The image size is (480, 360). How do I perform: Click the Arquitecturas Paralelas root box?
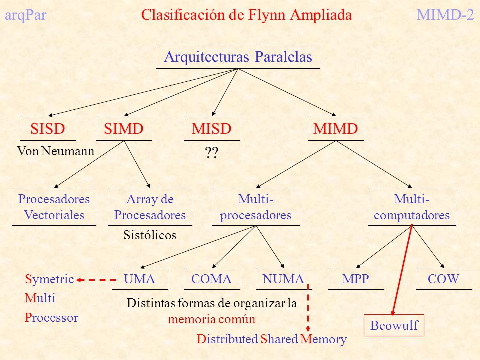(238, 56)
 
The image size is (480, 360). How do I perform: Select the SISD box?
(48, 128)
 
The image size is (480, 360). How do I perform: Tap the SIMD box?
(124, 128)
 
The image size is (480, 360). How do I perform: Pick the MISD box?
(212, 128)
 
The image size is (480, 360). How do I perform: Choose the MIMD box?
(336, 128)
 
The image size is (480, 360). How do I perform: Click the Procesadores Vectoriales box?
(54, 207)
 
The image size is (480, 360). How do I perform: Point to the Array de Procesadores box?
(150, 207)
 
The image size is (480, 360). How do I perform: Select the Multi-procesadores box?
(256, 207)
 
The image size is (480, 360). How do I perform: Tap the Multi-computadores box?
(412, 207)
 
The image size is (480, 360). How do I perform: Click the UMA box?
(140, 279)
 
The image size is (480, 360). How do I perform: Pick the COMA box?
(212, 279)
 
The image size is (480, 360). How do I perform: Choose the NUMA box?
(284, 279)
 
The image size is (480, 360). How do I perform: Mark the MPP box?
(356, 279)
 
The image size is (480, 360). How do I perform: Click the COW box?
(444, 279)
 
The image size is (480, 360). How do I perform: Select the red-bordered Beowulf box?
(394, 325)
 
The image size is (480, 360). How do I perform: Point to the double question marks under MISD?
(212, 152)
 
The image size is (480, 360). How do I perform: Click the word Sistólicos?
(150, 235)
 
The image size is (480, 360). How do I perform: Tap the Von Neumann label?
(55, 151)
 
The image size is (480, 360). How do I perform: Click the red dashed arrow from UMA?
(96, 280)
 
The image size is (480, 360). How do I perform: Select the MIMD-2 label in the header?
(445, 15)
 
